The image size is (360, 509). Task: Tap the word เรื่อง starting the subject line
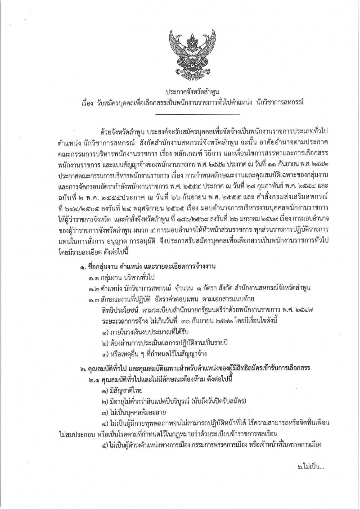tap(84, 103)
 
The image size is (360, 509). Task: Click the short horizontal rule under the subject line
tap(180, 113)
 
